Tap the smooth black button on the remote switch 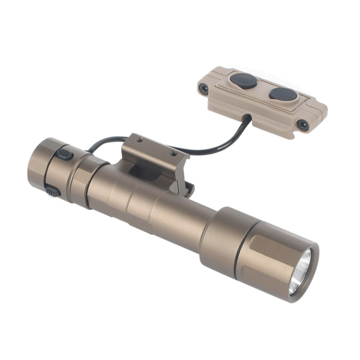click(243, 81)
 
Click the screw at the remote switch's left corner click(204, 88)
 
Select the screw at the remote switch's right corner click(303, 125)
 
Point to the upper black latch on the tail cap click(64, 154)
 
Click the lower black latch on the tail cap click(52, 192)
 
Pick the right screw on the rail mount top click(173, 153)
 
